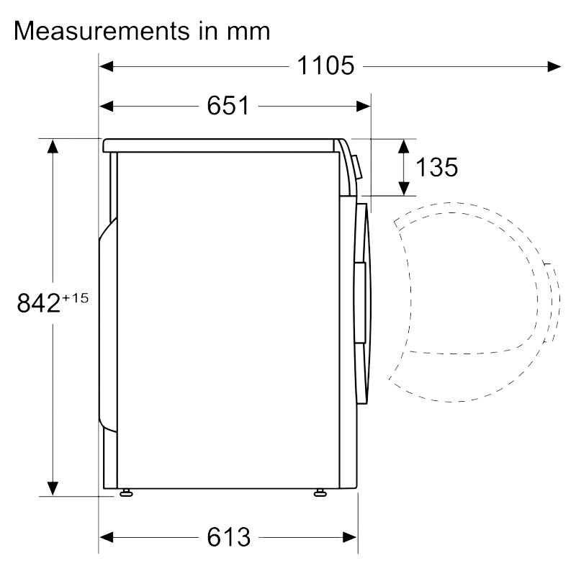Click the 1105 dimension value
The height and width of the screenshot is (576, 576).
[x=325, y=66]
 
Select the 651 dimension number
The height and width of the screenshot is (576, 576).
[x=228, y=106]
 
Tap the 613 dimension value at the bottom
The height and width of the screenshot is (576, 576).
[x=228, y=537]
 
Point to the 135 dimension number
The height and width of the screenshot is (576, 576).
[x=436, y=167]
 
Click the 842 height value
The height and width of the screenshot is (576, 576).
[x=38, y=303]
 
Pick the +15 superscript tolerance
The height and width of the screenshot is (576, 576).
[x=76, y=298]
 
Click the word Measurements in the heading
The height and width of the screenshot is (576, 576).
[x=102, y=30]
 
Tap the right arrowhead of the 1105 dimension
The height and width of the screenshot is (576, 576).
[x=554, y=66]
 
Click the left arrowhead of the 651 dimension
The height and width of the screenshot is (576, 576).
[x=106, y=107]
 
